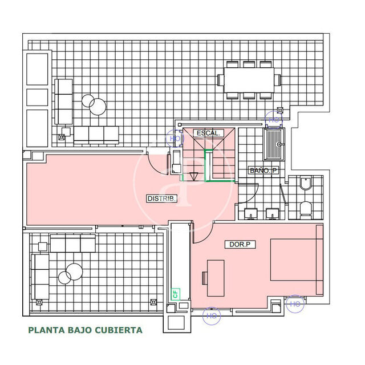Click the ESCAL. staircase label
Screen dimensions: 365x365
(x=208, y=133)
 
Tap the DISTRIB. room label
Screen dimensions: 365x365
(x=162, y=199)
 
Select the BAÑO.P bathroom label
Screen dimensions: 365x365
(x=263, y=171)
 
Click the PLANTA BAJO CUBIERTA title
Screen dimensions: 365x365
(x=85, y=330)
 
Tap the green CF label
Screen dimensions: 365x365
(x=175, y=294)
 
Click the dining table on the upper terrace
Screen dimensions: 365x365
(x=249, y=80)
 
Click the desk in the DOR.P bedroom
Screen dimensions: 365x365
(x=216, y=278)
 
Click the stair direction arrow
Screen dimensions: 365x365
(x=193, y=176)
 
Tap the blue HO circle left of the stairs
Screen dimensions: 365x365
(x=174, y=138)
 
